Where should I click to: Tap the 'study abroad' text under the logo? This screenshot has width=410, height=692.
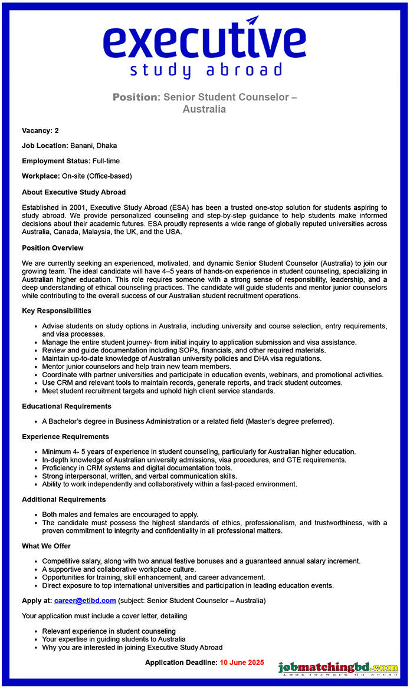pyautogui.click(x=206, y=71)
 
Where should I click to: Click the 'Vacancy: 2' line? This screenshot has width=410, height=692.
pyautogui.click(x=40, y=130)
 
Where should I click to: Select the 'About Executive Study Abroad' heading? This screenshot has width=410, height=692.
pyautogui.click(x=74, y=192)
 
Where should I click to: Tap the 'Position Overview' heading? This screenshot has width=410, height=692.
pyautogui.click(x=53, y=248)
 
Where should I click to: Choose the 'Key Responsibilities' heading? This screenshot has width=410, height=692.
pyautogui.click(x=57, y=311)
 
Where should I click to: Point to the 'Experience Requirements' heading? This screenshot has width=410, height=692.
pyautogui.click(x=65, y=437)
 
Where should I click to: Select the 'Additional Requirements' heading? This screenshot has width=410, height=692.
pyautogui.click(x=64, y=499)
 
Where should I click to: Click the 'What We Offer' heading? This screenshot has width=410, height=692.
pyautogui.click(x=46, y=546)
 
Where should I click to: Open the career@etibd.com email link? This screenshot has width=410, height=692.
pyautogui.click(x=85, y=601)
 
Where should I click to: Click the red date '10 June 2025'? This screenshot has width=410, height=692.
pyautogui.click(x=242, y=663)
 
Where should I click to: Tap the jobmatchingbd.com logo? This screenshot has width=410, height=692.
pyautogui.click(x=338, y=668)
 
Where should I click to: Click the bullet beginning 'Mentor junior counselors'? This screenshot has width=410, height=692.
pyautogui.click(x=136, y=367)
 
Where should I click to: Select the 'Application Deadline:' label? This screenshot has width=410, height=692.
pyautogui.click(x=181, y=663)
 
